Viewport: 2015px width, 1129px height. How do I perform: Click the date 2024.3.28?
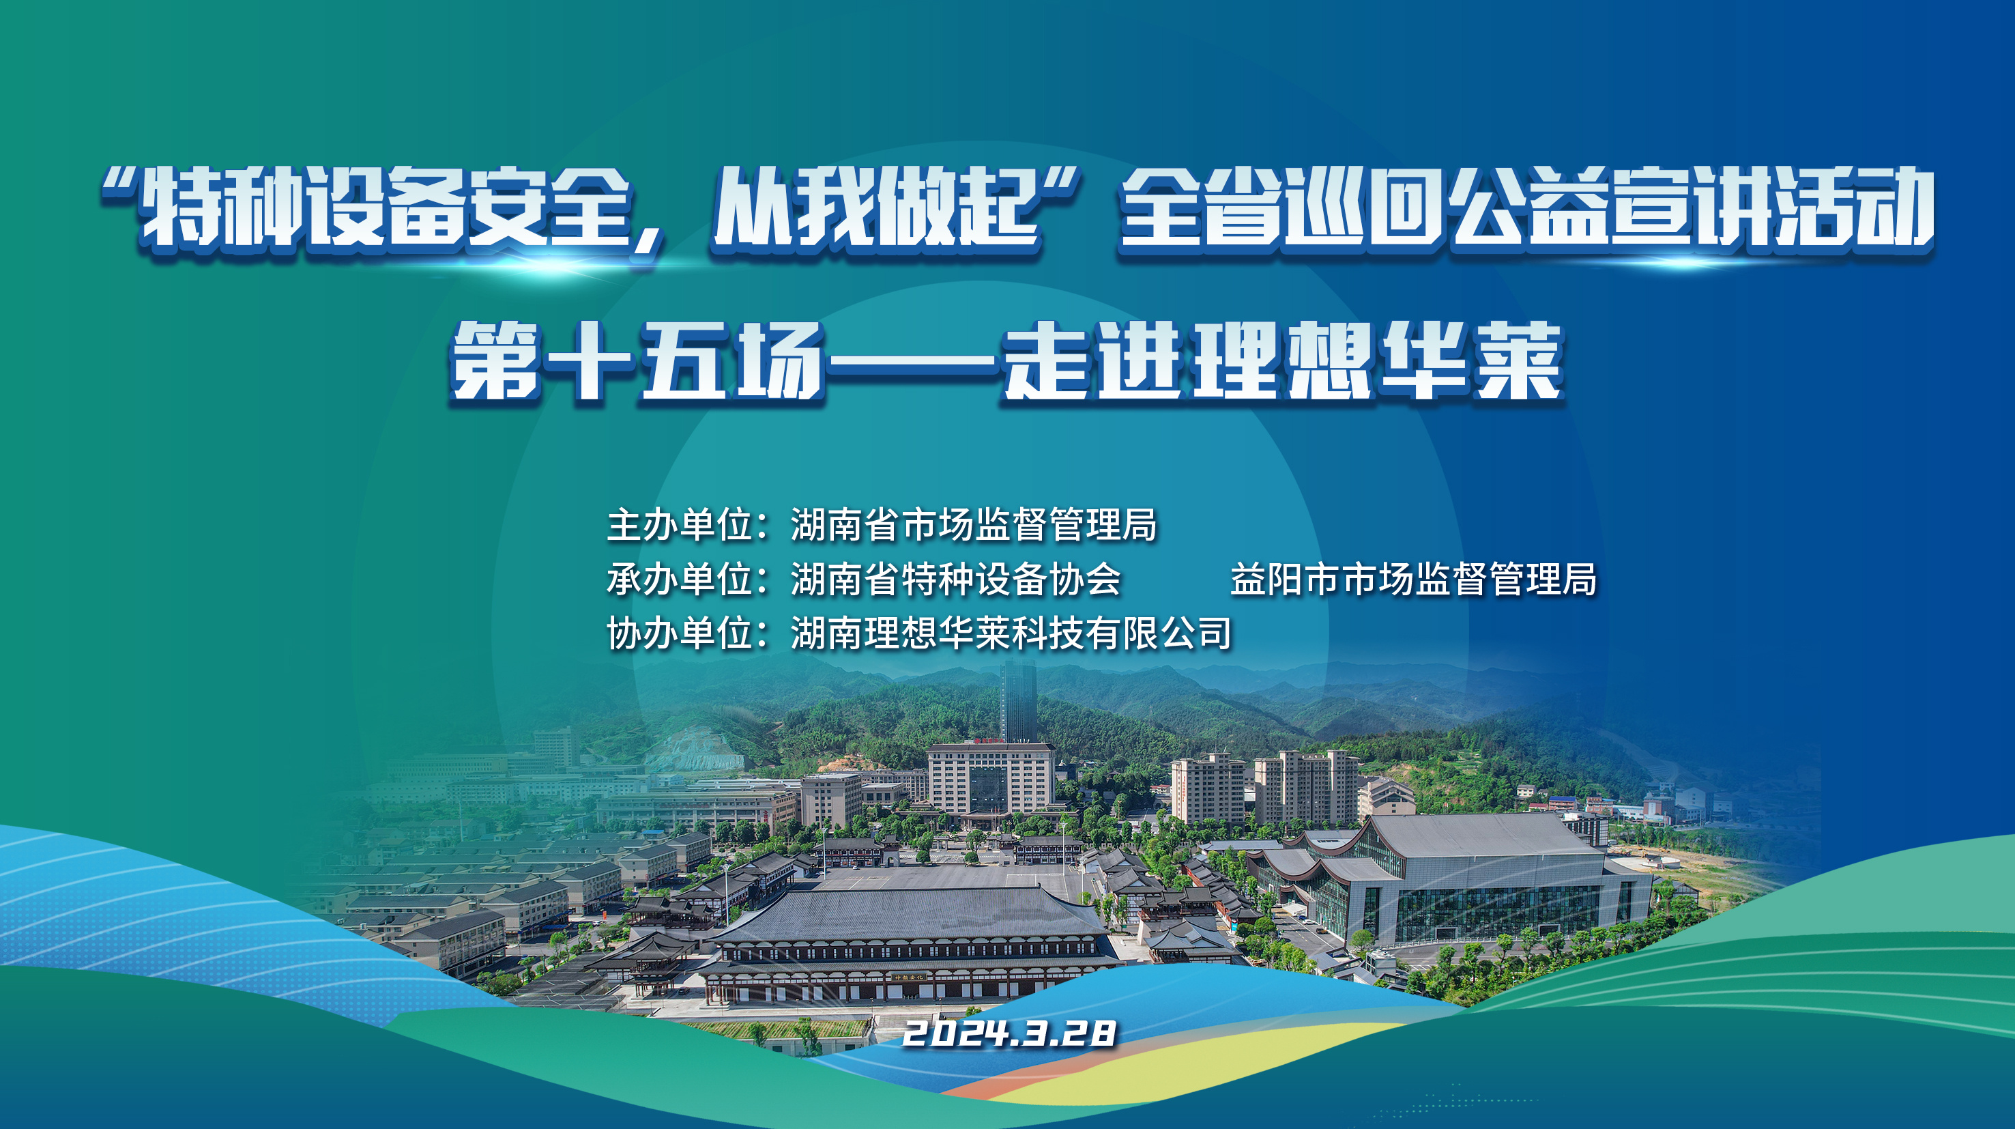tap(1009, 1033)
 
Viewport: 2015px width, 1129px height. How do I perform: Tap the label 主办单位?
tap(680, 524)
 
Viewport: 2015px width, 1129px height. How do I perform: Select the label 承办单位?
tap(680, 579)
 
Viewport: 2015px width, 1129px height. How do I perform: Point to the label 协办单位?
tap(680, 633)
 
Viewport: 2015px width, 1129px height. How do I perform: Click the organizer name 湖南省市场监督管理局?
tap(974, 524)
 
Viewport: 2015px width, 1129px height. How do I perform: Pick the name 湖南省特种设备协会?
tap(956, 579)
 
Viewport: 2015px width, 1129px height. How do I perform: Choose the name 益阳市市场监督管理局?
tap(1413, 579)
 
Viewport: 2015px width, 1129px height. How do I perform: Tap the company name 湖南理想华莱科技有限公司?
tap(1011, 633)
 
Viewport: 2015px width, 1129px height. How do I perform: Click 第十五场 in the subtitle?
tap(637, 362)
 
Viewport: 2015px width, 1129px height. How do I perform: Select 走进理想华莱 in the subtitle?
tap(1283, 362)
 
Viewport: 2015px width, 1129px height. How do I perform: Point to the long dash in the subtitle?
tap(914, 362)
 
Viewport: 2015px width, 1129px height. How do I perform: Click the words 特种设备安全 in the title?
tap(383, 208)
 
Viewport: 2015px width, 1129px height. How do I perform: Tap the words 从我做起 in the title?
tap(876, 208)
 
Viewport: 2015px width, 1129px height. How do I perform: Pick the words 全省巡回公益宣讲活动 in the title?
tap(1525, 208)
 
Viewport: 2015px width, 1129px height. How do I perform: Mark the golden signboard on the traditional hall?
tap(910, 977)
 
